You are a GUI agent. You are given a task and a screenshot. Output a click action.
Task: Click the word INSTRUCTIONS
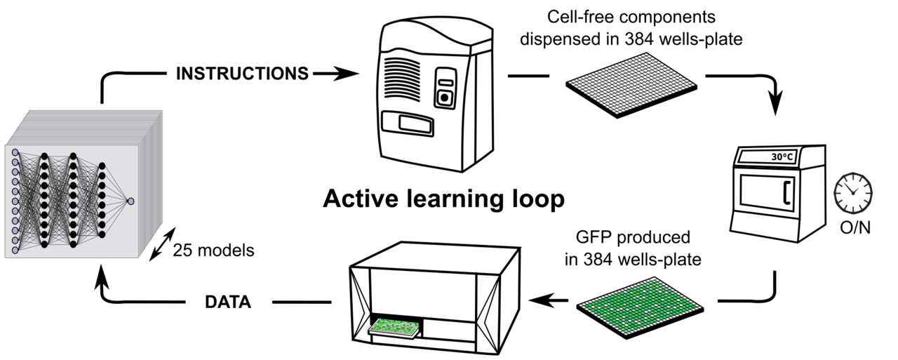coord(241,73)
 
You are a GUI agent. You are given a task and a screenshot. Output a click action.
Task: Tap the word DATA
coord(228,302)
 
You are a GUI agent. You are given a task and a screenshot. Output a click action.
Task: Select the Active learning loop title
coord(443,199)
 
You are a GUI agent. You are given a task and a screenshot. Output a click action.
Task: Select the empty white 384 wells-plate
coord(631,88)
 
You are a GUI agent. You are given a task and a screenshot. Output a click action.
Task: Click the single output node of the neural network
coord(130,201)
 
